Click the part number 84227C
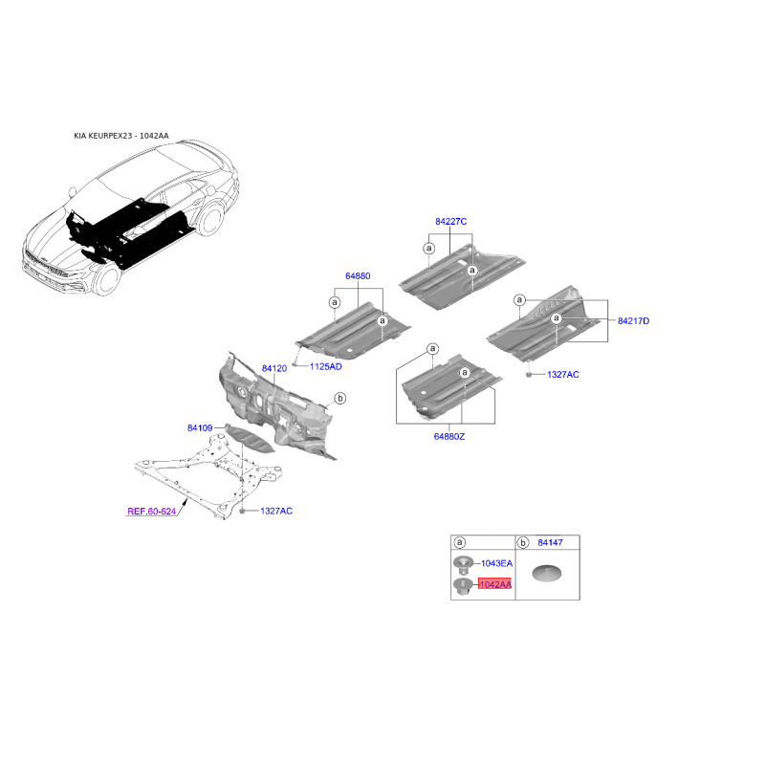[450, 222]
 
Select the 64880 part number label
[358, 276]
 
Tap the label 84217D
[633, 321]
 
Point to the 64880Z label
[448, 437]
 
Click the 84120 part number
[274, 368]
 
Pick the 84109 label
[200, 427]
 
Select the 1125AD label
[325, 366]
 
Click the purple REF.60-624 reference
[152, 512]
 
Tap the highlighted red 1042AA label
[494, 584]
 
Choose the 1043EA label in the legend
[496, 563]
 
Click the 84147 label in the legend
[551, 542]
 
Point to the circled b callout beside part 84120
[340, 398]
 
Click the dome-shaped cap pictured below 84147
[546, 573]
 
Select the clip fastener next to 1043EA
[463, 565]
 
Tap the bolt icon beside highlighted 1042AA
[462, 586]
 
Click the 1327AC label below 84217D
[563, 375]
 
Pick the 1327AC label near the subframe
[276, 511]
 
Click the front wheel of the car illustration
[107, 278]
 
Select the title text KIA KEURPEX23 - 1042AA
[121, 136]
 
